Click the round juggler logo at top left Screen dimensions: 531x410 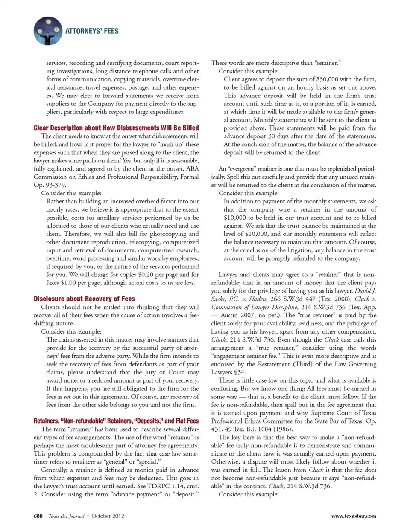point(47,31)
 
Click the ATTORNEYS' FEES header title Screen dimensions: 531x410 point(92,31)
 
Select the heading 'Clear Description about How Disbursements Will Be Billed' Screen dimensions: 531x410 point(116,128)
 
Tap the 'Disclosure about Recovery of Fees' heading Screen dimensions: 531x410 point(84,299)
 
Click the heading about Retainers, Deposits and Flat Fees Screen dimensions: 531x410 point(116,421)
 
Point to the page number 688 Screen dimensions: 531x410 point(38,516)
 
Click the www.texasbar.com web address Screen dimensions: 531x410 point(354,516)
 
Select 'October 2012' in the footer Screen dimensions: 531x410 point(108,516)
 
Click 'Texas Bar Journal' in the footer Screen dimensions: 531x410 point(66,516)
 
